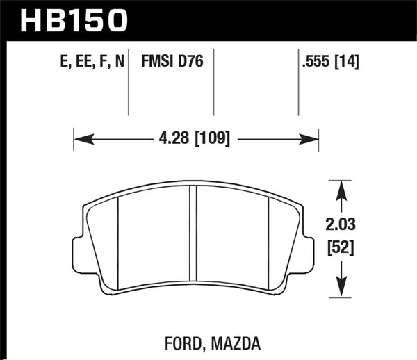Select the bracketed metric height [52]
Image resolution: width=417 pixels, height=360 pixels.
coord(340,245)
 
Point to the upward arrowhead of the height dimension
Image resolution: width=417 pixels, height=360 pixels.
coord(340,186)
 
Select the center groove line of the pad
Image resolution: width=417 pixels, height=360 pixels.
coord(193,240)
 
